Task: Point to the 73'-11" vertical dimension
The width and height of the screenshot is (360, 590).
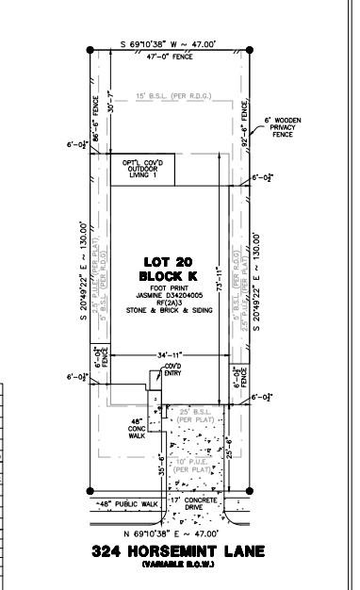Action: [219, 283]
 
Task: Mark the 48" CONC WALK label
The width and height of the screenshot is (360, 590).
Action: [136, 429]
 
